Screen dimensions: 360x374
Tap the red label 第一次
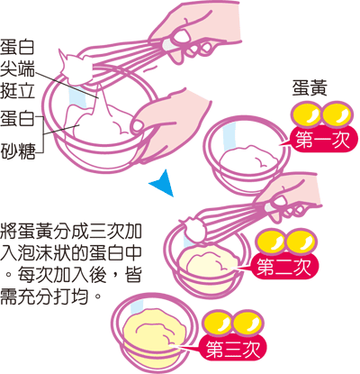pyautogui.click(x=323, y=140)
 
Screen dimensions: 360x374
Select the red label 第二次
pyautogui.click(x=284, y=266)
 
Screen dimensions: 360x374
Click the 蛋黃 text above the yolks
pyautogui.click(x=310, y=88)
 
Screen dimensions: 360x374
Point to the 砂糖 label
pyautogui.click(x=18, y=151)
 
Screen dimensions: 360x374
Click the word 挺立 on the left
pyautogui.click(x=17, y=90)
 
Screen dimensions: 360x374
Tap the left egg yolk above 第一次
pyautogui.click(x=306, y=114)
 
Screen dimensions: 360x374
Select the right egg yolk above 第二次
pyautogui.click(x=301, y=242)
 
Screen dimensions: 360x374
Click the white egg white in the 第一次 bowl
pyautogui.click(x=248, y=158)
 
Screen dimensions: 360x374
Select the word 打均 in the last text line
pyautogui.click(x=72, y=296)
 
